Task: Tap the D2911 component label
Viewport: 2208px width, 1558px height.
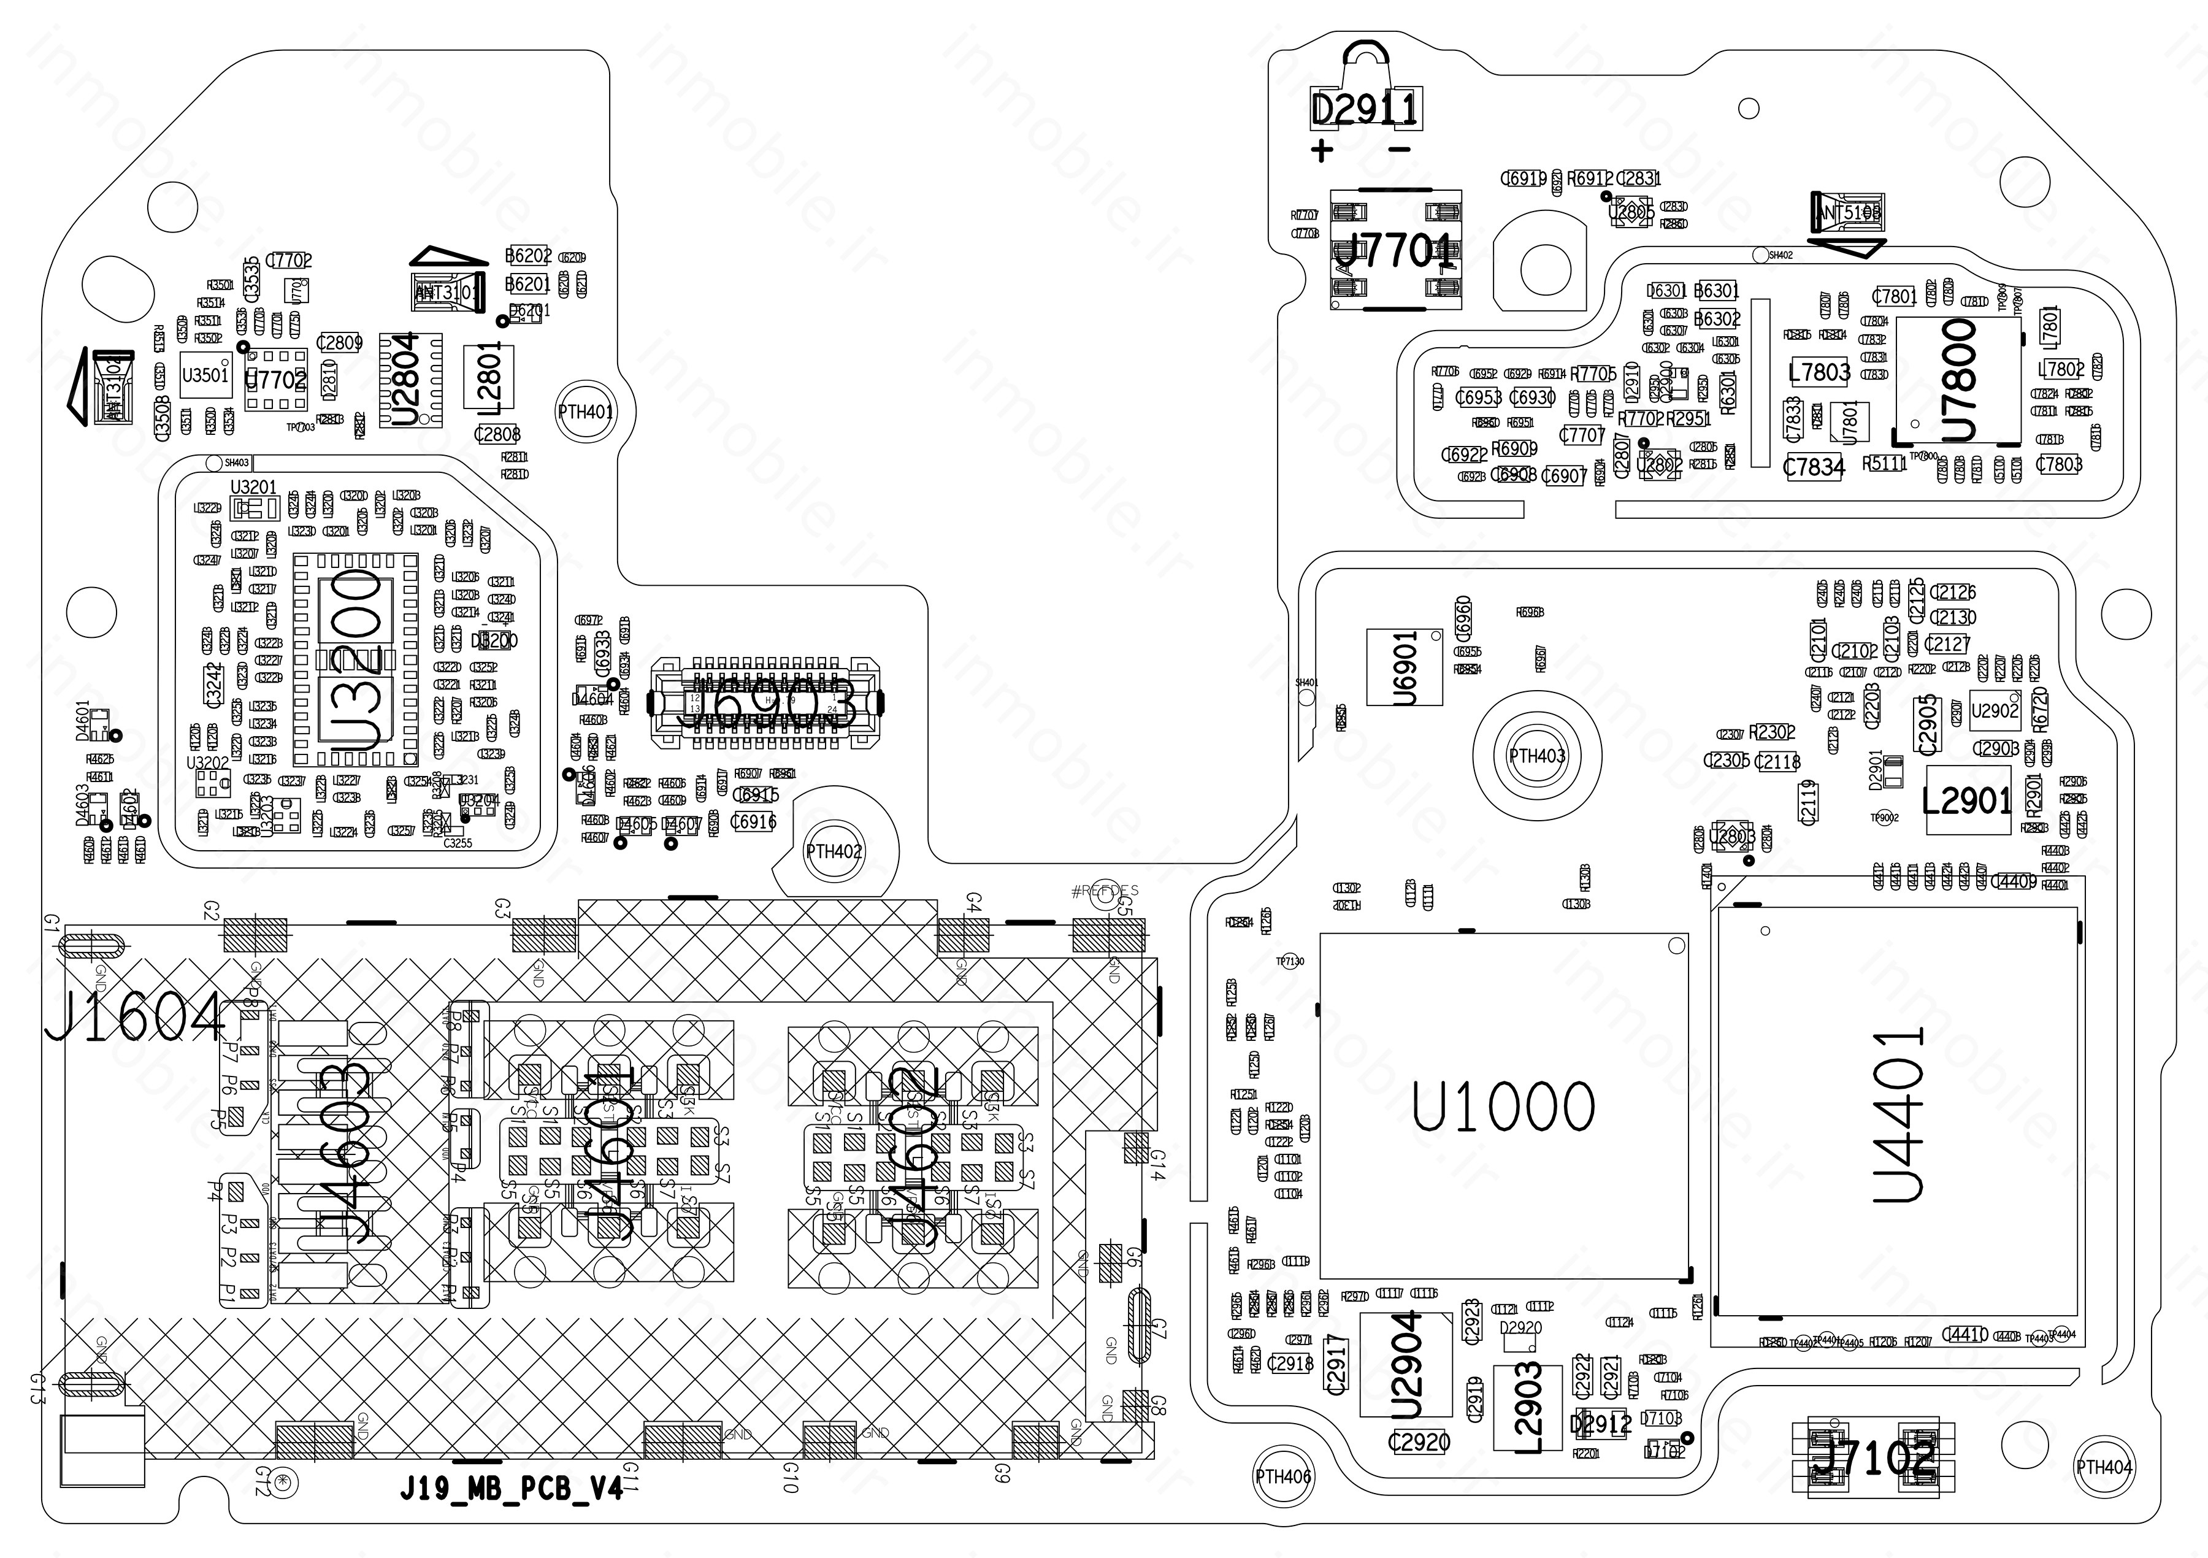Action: coord(1365,110)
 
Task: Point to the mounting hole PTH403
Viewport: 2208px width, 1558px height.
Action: coord(1537,756)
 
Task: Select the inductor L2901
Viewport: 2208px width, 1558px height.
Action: coord(1966,800)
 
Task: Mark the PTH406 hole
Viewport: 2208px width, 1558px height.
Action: coord(1283,1476)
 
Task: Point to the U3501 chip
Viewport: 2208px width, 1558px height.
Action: coord(205,375)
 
